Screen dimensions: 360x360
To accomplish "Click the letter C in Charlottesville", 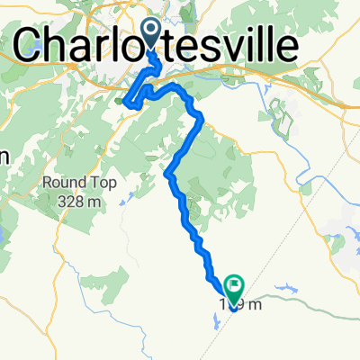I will point(33,44).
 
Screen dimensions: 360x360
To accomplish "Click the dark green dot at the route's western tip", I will point(120,101).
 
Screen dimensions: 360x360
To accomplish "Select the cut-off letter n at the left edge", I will point(4,155).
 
